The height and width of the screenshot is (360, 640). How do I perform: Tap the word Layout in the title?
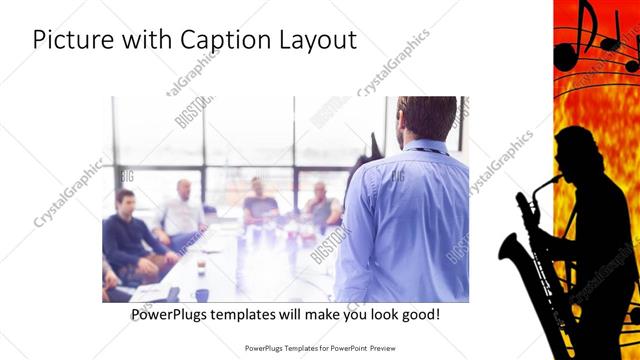coord(313,41)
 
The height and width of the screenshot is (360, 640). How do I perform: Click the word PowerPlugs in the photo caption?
coord(171,315)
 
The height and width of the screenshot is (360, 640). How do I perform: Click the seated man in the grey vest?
coord(322,204)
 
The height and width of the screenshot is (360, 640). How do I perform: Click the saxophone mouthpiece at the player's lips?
coord(553,177)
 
